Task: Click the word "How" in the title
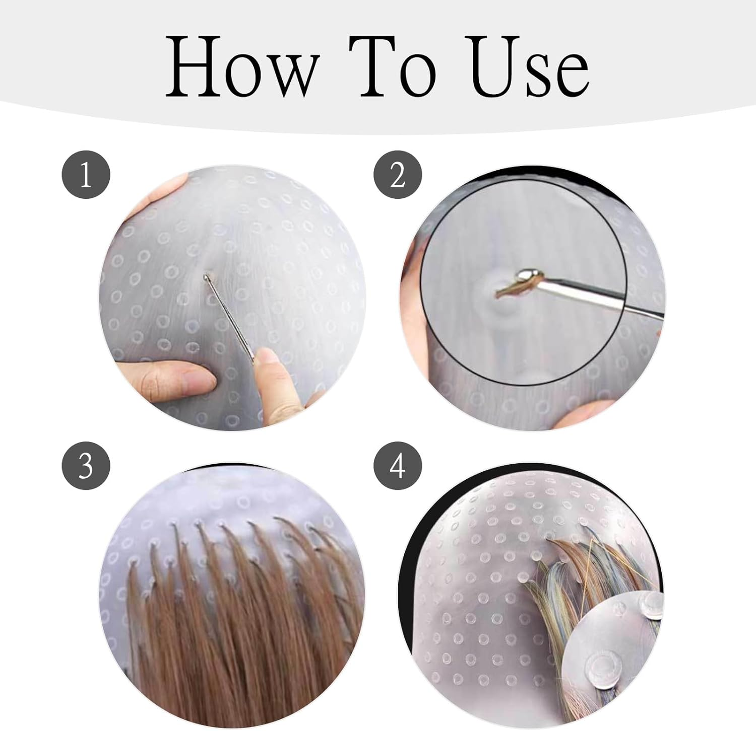242,67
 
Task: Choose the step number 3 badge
86,466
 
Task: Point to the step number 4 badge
398,466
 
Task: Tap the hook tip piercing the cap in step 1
206,276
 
